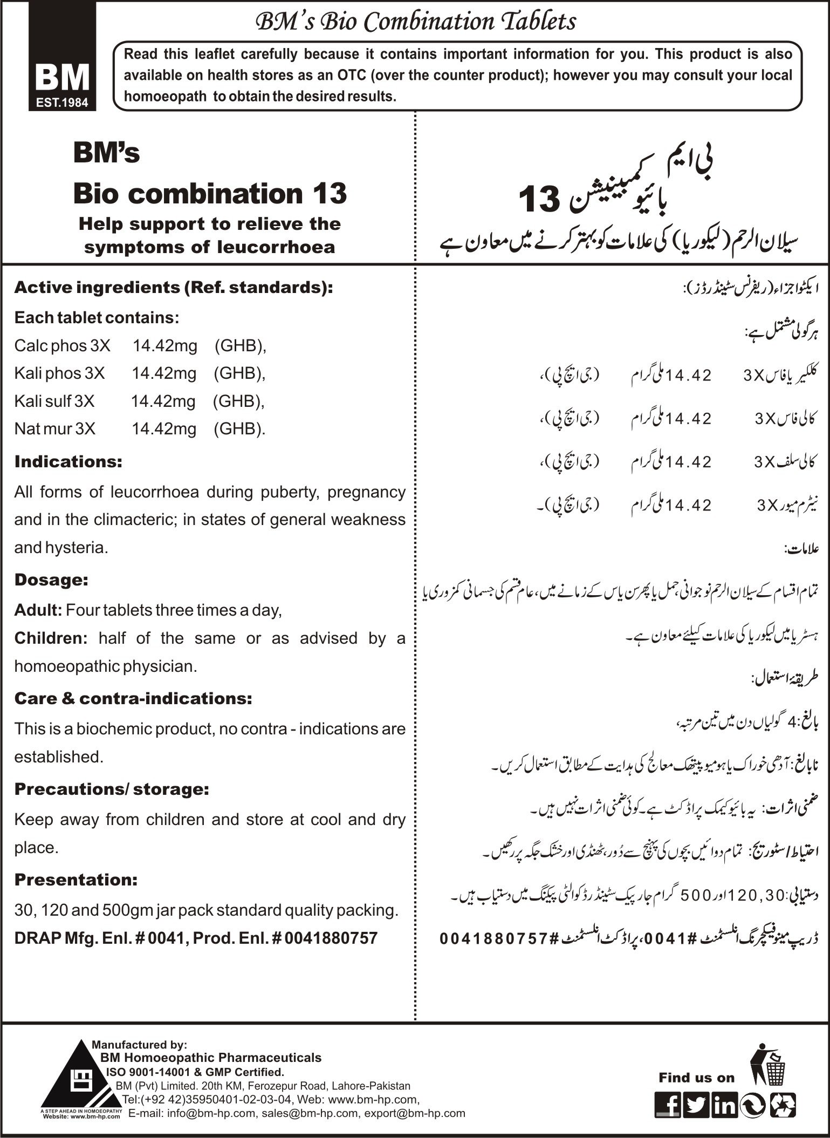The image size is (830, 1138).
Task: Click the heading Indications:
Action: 68,462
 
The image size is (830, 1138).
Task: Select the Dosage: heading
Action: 51,580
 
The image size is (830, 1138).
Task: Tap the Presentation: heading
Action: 76,880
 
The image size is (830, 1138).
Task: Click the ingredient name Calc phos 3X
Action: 62,345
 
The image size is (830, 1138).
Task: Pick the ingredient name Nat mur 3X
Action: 55,429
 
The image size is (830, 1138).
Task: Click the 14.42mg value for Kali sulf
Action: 163,401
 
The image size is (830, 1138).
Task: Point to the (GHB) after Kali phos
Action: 239,373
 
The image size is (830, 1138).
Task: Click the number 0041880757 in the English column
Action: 331,938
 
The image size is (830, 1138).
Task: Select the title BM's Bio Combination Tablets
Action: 415,22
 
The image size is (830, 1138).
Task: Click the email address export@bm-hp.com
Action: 415,1113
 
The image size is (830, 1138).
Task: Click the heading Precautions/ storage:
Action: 112,789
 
